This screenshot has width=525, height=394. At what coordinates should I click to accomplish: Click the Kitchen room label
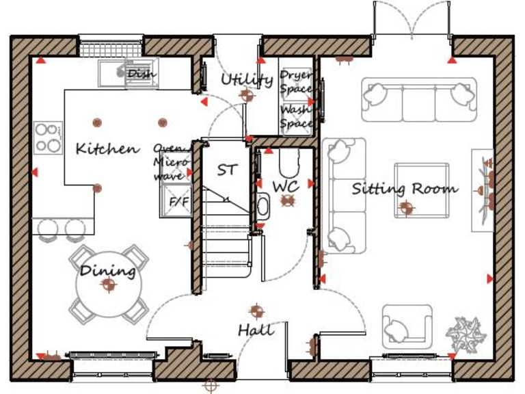click(x=107, y=148)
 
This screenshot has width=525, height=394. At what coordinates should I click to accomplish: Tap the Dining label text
click(x=108, y=271)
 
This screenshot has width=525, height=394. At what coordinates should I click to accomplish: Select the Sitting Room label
click(x=405, y=189)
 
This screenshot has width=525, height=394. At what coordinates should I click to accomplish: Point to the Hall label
click(x=256, y=330)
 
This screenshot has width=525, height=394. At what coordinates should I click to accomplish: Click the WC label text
click(x=286, y=186)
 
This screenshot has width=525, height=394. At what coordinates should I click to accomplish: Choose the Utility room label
click(x=246, y=80)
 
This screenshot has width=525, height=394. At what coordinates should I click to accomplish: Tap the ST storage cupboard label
click(x=226, y=170)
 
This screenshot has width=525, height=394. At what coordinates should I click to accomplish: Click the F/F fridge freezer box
click(x=179, y=202)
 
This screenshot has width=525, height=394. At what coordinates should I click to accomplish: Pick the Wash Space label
click(x=296, y=116)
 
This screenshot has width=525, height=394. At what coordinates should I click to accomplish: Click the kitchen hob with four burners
click(x=49, y=137)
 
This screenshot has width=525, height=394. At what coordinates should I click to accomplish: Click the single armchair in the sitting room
click(x=406, y=326)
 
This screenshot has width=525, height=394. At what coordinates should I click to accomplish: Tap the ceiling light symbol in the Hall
click(x=256, y=311)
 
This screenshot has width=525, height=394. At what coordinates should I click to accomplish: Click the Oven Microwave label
click(x=168, y=161)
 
